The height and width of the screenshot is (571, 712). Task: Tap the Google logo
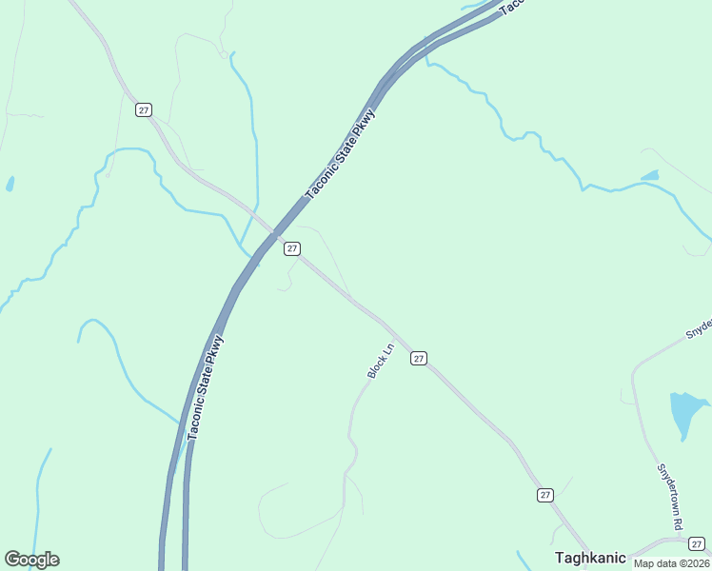coord(31,560)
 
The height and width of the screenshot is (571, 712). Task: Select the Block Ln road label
coord(380,362)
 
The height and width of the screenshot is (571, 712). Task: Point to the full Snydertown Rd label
coord(670,497)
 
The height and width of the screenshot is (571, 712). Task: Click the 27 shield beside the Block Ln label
coord(419,358)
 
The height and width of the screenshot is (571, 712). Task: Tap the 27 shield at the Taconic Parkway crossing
coord(292,248)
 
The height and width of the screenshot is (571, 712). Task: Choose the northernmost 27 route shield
coord(143,109)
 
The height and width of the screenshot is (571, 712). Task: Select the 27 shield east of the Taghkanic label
coord(697,542)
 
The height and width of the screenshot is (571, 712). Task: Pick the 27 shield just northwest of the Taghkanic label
coord(544,495)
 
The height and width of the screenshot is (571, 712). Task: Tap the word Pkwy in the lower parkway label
coord(216,348)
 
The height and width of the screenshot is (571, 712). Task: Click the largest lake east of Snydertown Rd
coord(685,411)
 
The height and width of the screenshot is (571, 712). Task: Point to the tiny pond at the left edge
coord(10,184)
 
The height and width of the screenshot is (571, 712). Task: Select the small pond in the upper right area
coord(650,176)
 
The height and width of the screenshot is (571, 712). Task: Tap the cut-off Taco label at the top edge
coord(512,6)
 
